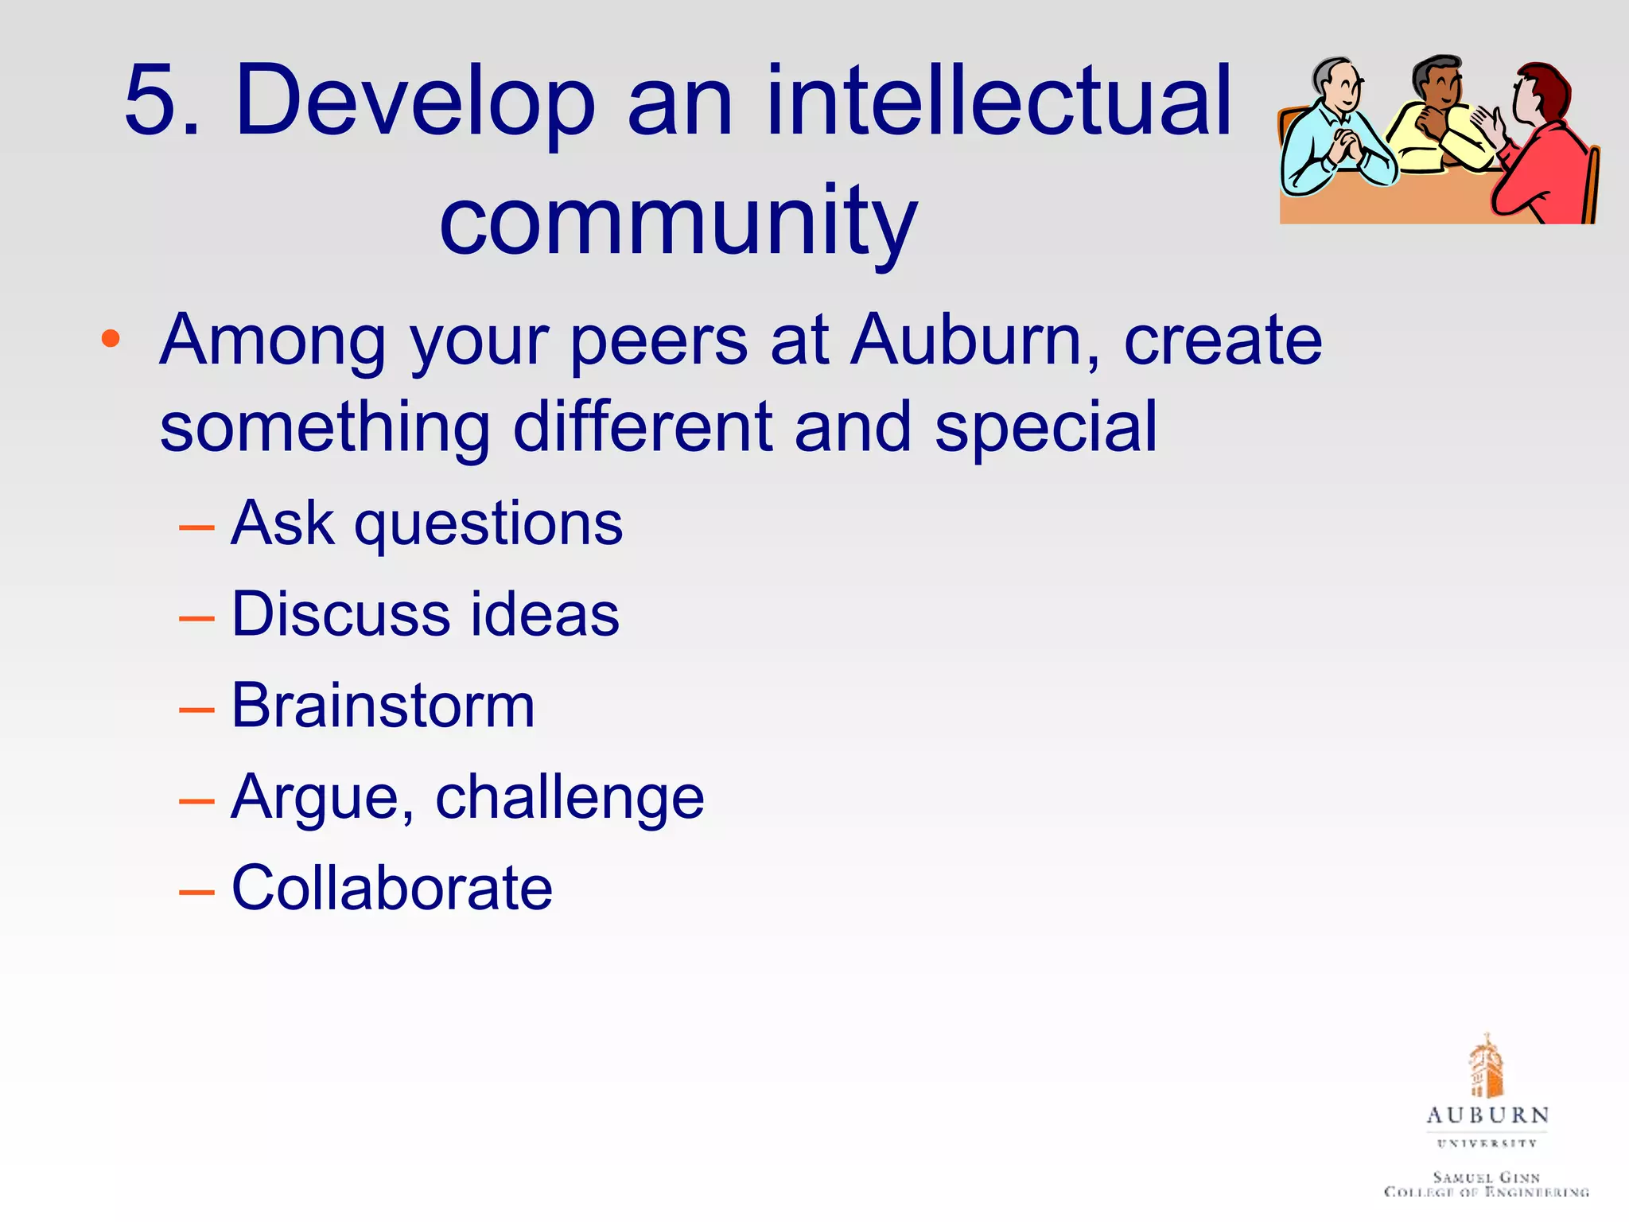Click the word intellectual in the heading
(998, 102)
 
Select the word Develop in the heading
(414, 102)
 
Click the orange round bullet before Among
(111, 340)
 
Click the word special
(1045, 428)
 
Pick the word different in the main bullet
(643, 428)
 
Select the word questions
(488, 525)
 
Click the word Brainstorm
(383, 706)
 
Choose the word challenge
(570, 798)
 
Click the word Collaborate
(391, 889)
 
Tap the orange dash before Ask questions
(196, 527)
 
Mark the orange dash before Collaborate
(196, 892)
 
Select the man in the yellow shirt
(1440, 119)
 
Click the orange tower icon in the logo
(1484, 1066)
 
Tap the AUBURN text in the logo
(1487, 1115)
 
